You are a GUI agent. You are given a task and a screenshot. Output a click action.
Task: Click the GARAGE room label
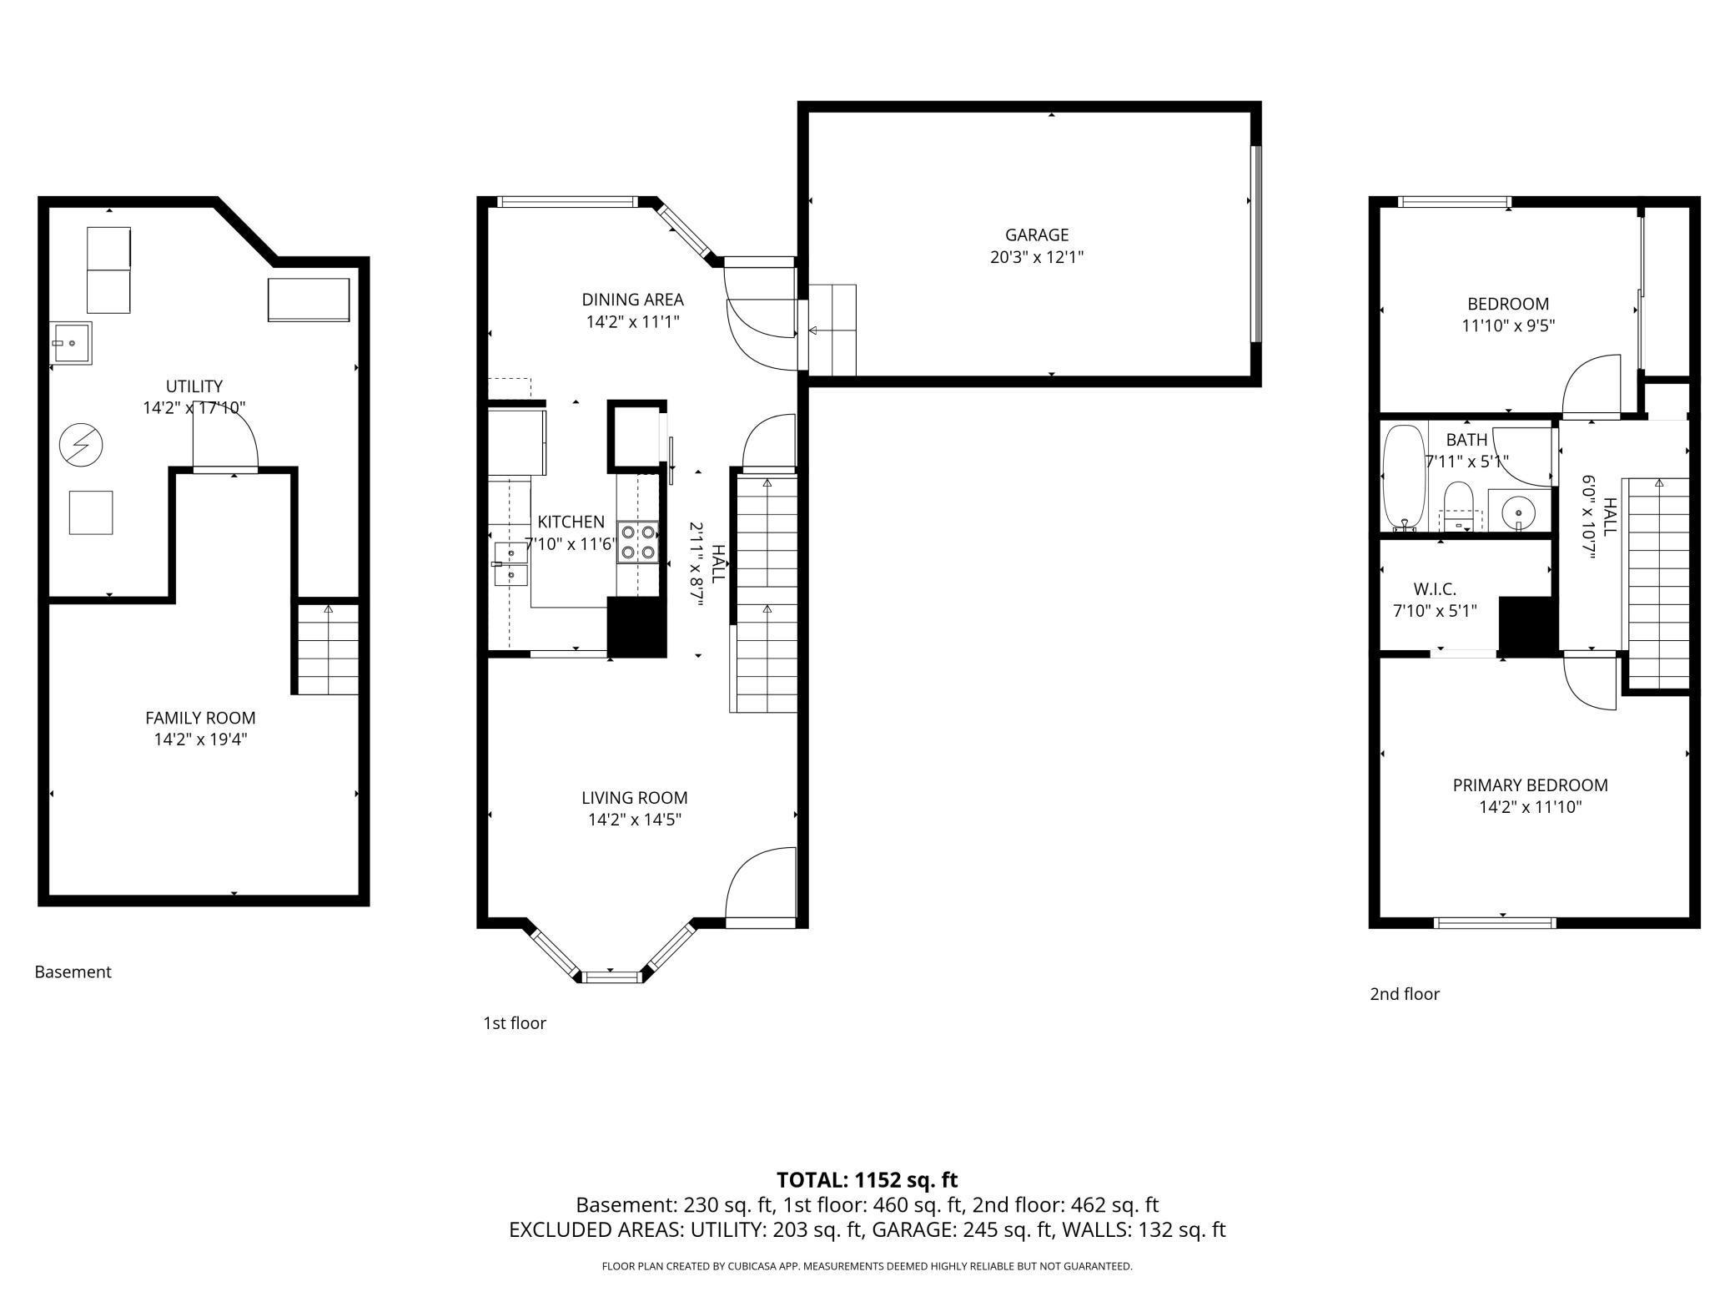point(1036,235)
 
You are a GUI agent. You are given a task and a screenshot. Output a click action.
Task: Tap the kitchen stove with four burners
point(638,540)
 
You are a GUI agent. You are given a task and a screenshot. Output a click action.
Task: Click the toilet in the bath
point(1459,504)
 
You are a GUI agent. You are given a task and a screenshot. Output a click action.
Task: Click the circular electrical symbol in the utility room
point(81,446)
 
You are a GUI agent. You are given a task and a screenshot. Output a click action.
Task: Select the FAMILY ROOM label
point(200,718)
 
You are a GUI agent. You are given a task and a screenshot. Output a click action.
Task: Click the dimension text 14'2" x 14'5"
point(634,820)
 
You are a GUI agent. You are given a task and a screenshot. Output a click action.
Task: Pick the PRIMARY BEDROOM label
point(1530,785)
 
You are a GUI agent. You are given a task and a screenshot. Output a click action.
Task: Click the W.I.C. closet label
point(1435,589)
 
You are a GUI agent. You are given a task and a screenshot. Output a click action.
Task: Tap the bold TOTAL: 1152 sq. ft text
point(867,1180)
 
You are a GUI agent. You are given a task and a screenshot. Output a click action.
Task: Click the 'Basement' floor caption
point(73,972)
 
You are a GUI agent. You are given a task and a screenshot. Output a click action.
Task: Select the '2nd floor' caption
point(1404,994)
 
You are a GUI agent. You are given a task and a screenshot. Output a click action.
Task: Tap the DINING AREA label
point(632,300)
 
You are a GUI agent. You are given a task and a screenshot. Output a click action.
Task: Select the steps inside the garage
point(832,331)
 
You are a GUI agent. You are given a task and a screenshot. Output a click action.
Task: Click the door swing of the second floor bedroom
point(1590,386)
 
